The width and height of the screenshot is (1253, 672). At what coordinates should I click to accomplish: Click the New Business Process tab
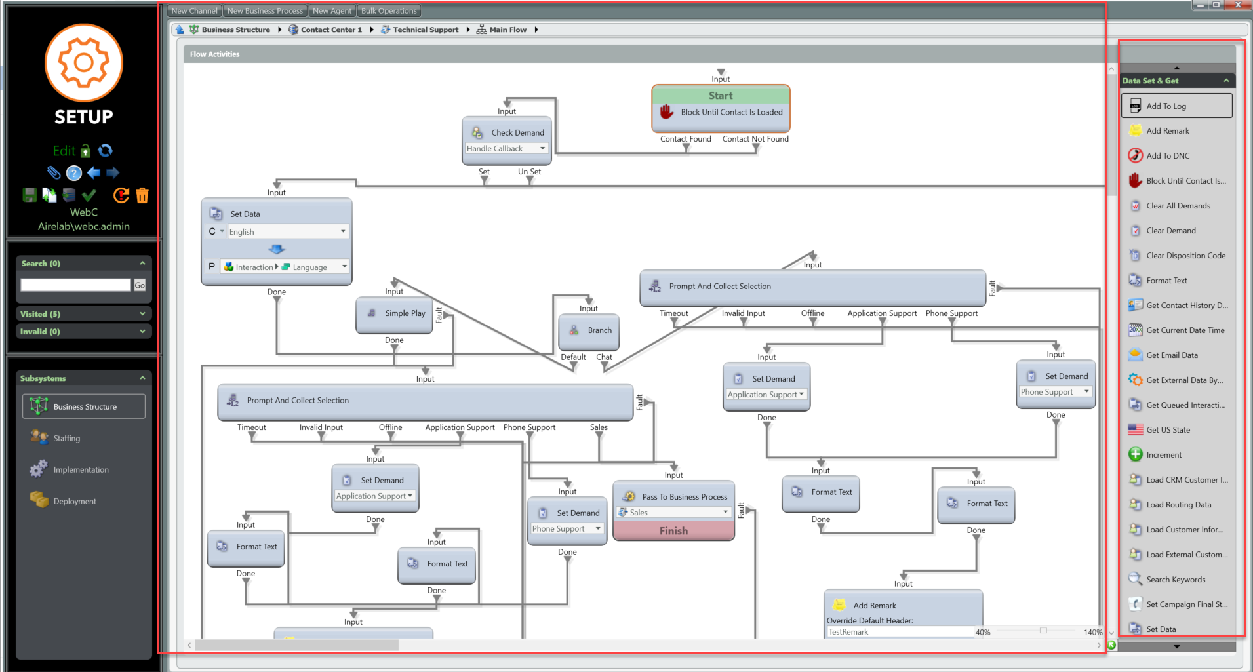tap(265, 10)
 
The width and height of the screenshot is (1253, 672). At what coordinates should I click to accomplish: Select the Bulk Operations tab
tap(389, 10)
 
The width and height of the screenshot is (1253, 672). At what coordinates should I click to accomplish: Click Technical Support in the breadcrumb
tap(425, 30)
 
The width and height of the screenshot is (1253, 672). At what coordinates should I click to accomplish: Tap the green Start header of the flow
tap(721, 96)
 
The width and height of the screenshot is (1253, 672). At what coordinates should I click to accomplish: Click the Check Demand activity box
tap(507, 132)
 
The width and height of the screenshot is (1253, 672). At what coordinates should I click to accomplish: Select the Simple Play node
tap(395, 313)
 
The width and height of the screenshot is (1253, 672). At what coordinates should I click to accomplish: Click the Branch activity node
tap(589, 330)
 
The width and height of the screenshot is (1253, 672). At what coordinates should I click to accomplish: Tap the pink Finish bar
tap(673, 531)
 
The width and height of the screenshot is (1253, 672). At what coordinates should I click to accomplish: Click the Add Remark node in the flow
tap(903, 605)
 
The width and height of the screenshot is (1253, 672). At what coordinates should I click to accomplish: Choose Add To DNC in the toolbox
tap(1168, 156)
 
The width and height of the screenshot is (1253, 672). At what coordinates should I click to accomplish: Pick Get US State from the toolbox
tap(1168, 430)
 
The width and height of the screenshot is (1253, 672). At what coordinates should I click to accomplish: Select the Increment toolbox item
tap(1164, 455)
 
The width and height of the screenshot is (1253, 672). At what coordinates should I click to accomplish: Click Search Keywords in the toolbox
tap(1176, 580)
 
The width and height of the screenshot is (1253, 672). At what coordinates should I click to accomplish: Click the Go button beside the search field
tap(140, 285)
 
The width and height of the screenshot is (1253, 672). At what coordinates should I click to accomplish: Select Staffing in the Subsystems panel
tap(66, 438)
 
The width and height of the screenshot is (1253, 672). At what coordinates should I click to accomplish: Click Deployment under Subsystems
tap(74, 501)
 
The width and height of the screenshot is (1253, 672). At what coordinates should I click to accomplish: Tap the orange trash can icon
tap(142, 195)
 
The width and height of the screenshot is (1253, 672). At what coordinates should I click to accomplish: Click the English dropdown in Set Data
tap(287, 232)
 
